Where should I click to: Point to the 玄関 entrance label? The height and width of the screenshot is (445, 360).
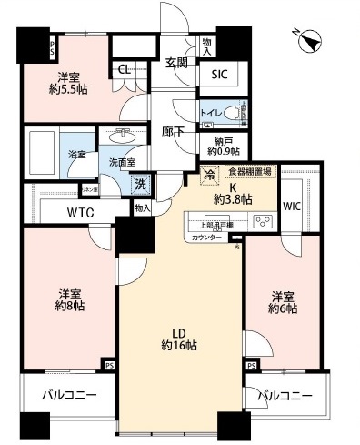tap(177, 64)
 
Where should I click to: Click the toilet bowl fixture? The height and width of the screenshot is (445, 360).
tap(234, 113)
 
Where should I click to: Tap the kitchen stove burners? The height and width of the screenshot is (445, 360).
tap(262, 220)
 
